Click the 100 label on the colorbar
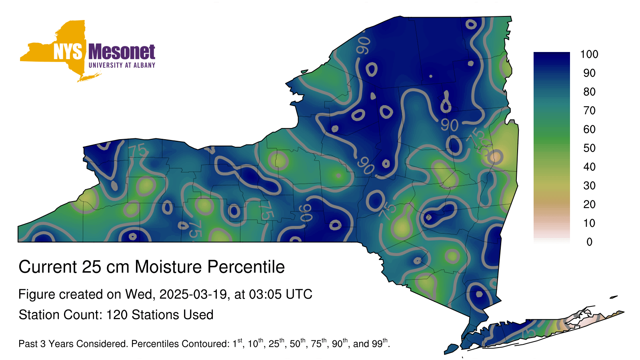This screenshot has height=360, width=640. click(x=589, y=54)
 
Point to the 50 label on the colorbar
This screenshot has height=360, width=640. click(x=590, y=148)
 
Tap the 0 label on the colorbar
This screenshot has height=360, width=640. click(x=590, y=242)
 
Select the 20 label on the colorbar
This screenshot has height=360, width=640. click(x=590, y=204)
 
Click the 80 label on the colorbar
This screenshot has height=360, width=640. click(x=590, y=92)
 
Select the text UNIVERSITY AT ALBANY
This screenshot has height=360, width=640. click(x=122, y=65)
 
